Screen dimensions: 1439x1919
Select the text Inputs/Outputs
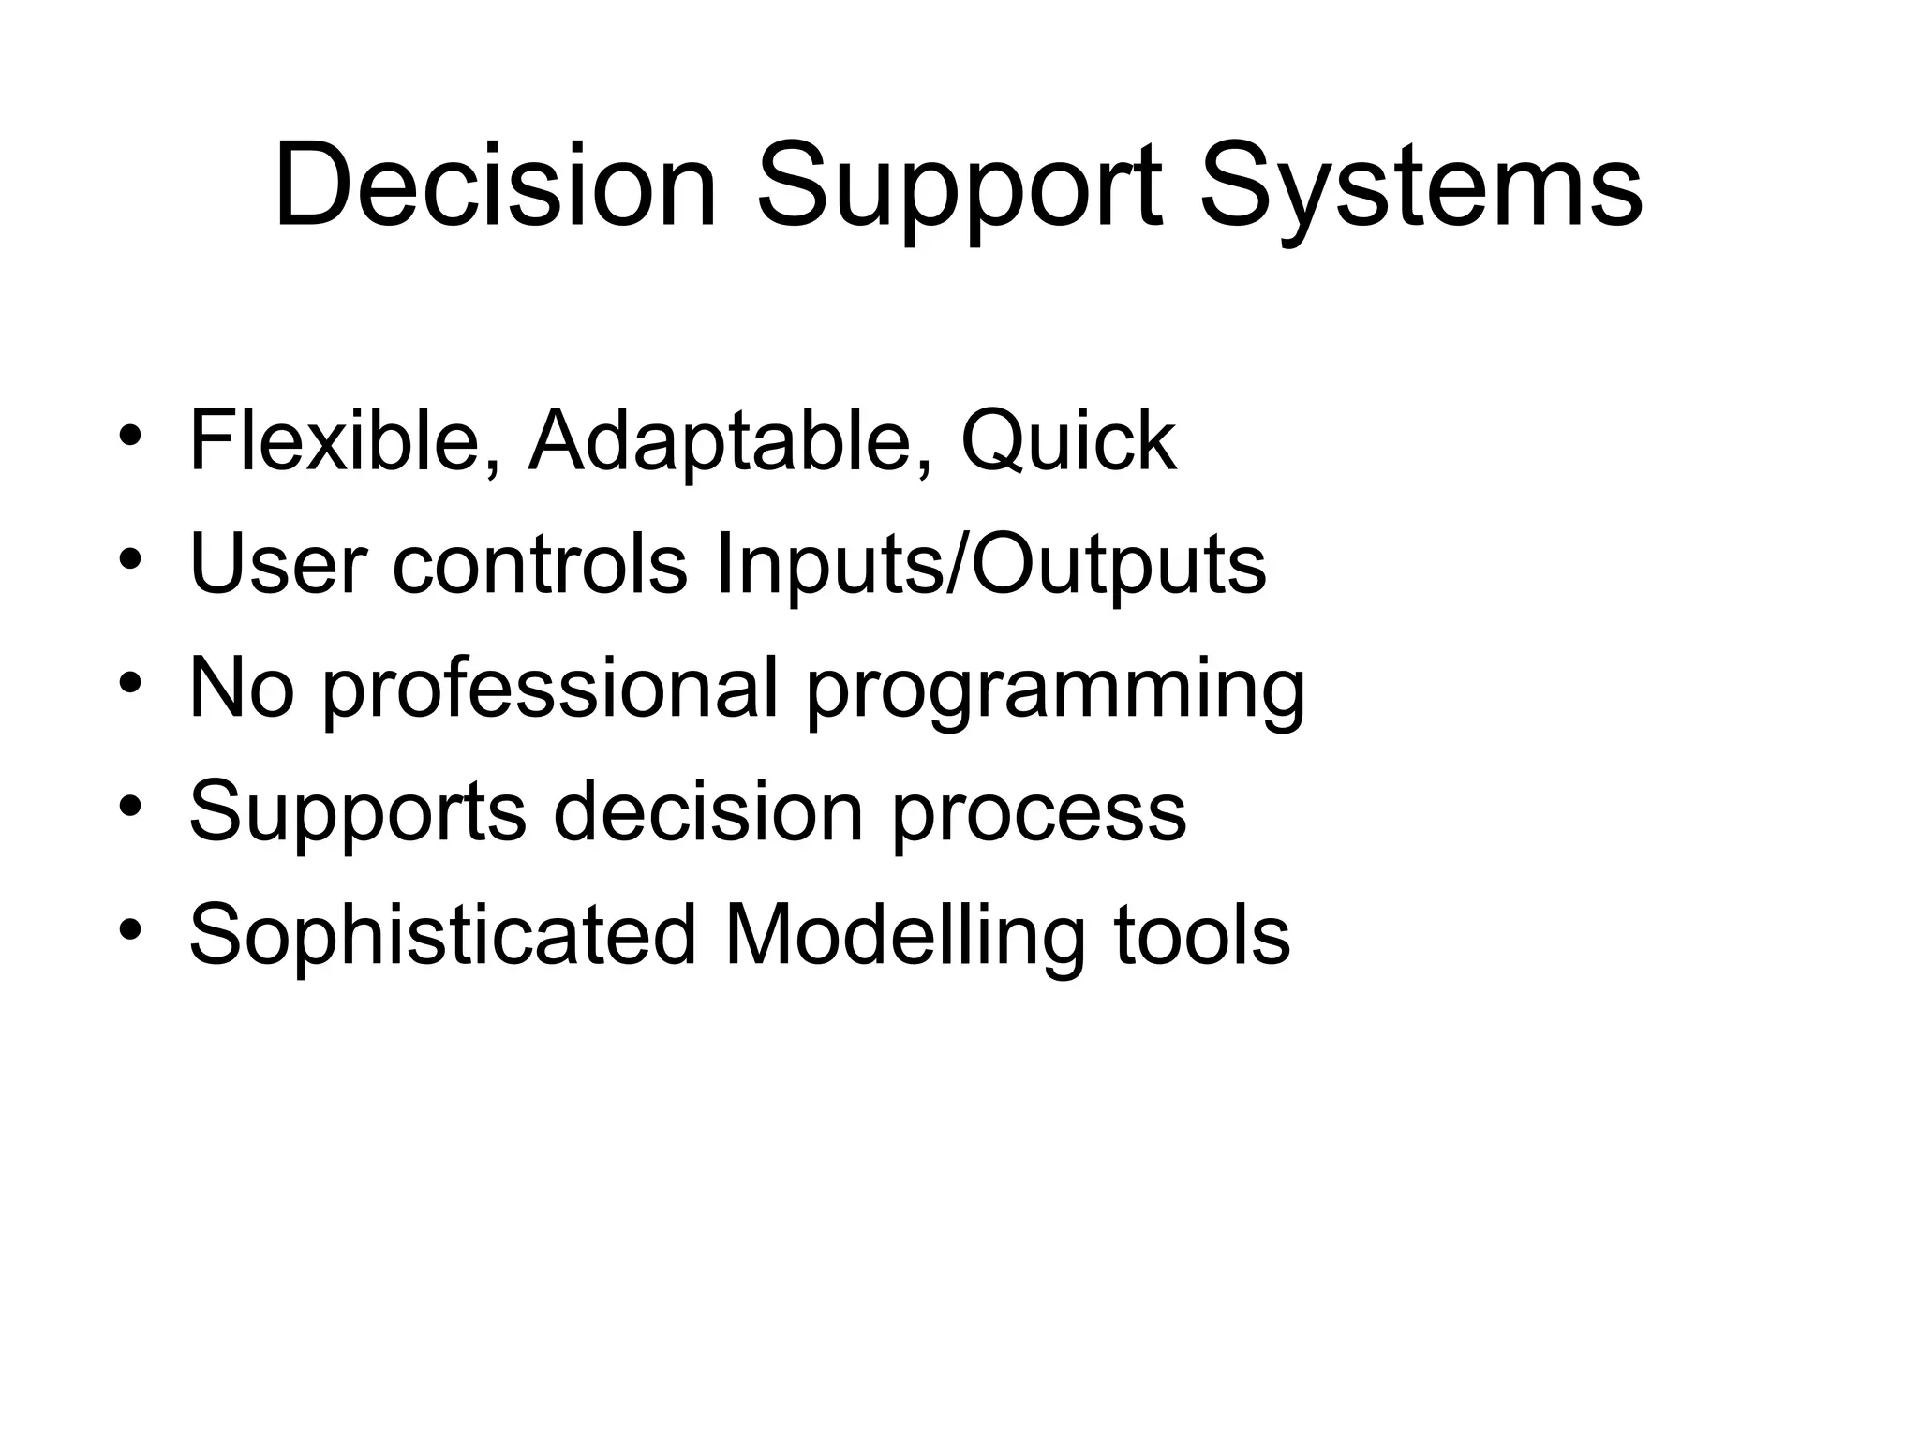[989, 564]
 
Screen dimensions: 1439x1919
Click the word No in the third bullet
[241, 688]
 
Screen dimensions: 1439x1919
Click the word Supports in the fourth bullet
[358, 811]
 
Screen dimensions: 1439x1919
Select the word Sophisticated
[443, 935]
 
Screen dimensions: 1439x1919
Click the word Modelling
[904, 935]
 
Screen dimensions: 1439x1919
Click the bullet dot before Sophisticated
[130, 929]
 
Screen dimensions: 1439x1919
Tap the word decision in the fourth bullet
[707, 811]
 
